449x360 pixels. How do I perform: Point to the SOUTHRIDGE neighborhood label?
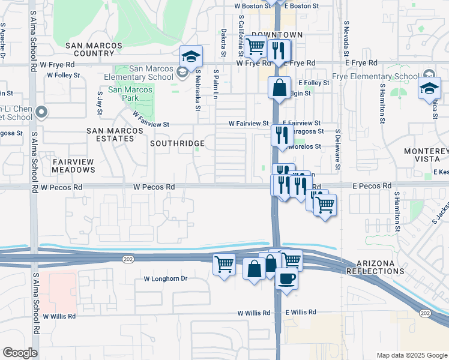pyautogui.click(x=177, y=144)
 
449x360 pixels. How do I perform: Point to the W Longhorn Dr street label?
pyautogui.click(x=166, y=279)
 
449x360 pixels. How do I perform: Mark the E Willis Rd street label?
pyautogui.click(x=301, y=313)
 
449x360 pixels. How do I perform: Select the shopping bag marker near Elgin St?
pyautogui.click(x=279, y=87)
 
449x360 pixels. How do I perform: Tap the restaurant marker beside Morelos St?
pyautogui.click(x=280, y=135)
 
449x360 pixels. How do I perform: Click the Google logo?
pyautogui.click(x=20, y=353)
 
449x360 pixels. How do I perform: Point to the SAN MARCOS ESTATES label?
pyautogui.click(x=110, y=134)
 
